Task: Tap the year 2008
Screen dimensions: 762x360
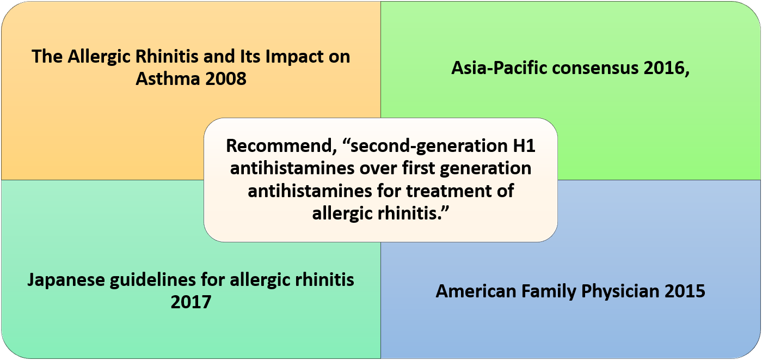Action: pyautogui.click(x=226, y=79)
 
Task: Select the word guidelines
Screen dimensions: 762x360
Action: pyautogui.click(x=153, y=280)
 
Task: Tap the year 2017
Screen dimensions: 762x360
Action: pyautogui.click(x=191, y=302)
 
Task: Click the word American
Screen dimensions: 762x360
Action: pyautogui.click(x=476, y=291)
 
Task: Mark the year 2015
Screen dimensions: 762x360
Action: pyautogui.click(x=685, y=291)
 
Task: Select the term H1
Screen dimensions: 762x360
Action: pyautogui.click(x=524, y=145)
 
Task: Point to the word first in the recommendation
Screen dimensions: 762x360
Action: pyautogui.click(x=419, y=168)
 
